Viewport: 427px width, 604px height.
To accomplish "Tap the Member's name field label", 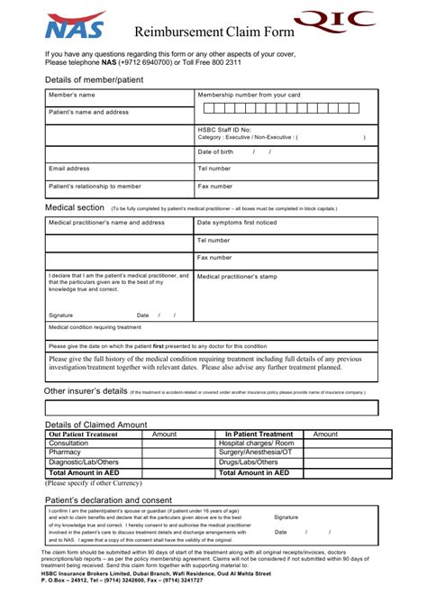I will pyautogui.click(x=71, y=95).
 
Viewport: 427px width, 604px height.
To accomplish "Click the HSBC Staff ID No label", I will pyautogui.click(x=224, y=130).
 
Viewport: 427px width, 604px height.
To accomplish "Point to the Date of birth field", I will pyautogui.click(x=216, y=151).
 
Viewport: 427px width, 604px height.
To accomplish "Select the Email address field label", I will pyautogui.click(x=69, y=169).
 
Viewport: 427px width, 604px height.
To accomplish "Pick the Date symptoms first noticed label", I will pyautogui.click(x=237, y=223).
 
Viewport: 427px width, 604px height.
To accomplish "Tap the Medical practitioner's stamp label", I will pyautogui.click(x=237, y=277).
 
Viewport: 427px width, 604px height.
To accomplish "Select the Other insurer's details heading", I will pyautogui.click(x=86, y=392).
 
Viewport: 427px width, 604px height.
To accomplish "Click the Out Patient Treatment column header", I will pyautogui.click(x=83, y=434).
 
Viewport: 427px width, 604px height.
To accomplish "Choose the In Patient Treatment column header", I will pyautogui.click(x=259, y=434).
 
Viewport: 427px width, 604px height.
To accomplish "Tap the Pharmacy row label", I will pyautogui.click(x=65, y=453).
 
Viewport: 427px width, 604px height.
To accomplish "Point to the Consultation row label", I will pyautogui.click(x=68, y=444).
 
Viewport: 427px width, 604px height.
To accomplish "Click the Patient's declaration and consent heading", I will pyautogui.click(x=108, y=499).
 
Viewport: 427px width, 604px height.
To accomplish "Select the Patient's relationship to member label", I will pyautogui.click(x=95, y=186).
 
